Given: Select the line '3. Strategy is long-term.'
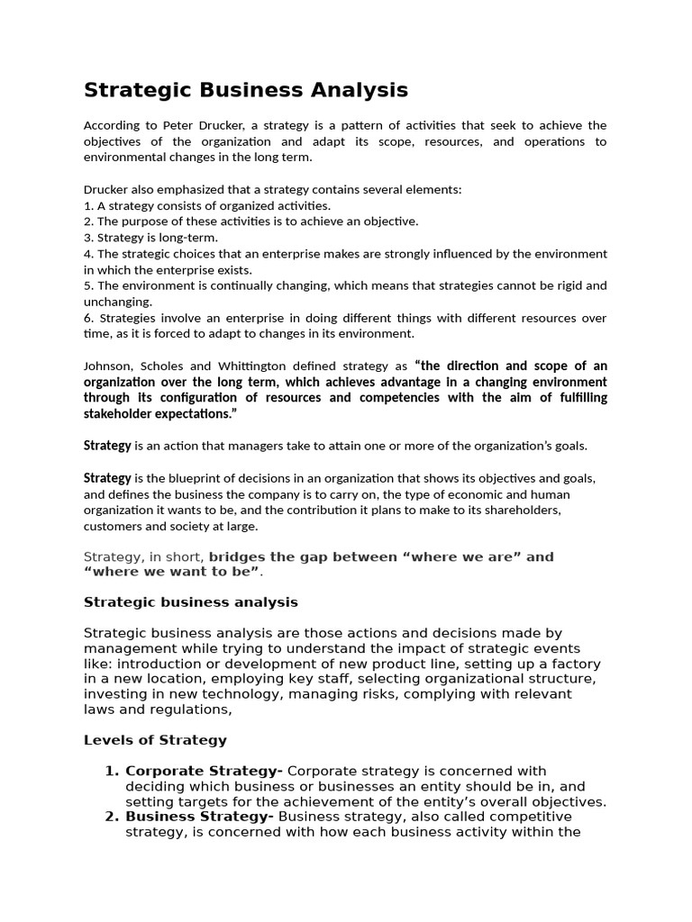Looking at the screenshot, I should [152, 237].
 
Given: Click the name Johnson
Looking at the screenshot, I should [109, 366].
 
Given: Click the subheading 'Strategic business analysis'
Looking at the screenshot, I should [190, 601].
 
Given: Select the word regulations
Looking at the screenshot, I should [192, 710].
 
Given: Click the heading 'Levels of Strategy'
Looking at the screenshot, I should [155, 740].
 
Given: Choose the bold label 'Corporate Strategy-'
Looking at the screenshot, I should [204, 771].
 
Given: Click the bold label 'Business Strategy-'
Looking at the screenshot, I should [200, 817].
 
